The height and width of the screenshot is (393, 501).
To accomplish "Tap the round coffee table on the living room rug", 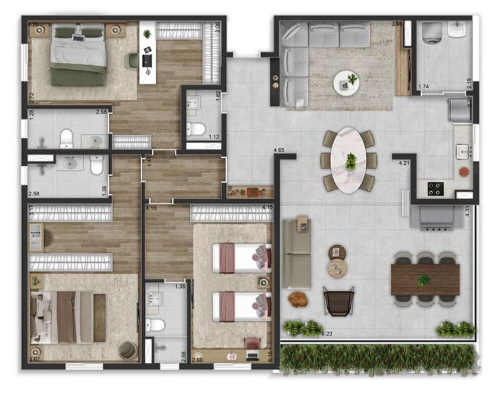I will [347, 82].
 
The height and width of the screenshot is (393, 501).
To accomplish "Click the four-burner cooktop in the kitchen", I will [435, 188].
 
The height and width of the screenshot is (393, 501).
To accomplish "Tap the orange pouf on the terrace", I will [297, 299].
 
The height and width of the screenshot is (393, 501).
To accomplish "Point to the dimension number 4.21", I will [404, 162].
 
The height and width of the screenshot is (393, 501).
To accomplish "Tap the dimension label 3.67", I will [34, 359].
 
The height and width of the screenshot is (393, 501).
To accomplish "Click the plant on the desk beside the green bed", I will [147, 34].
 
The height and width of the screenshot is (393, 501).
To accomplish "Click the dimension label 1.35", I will [180, 287].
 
